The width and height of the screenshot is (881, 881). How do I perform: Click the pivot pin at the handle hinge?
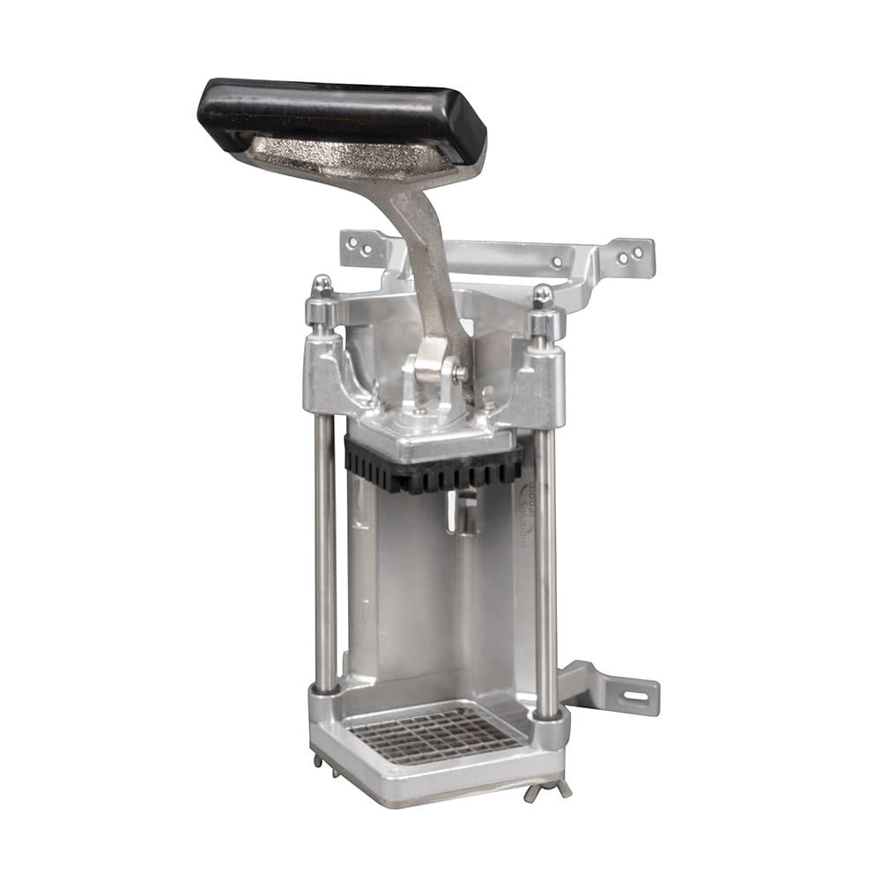click(459, 372)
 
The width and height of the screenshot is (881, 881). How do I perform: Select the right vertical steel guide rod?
click(546, 564)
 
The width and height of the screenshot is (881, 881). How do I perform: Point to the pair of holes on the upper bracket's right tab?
click(630, 255)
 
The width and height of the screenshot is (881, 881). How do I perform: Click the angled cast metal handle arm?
click(427, 264)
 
